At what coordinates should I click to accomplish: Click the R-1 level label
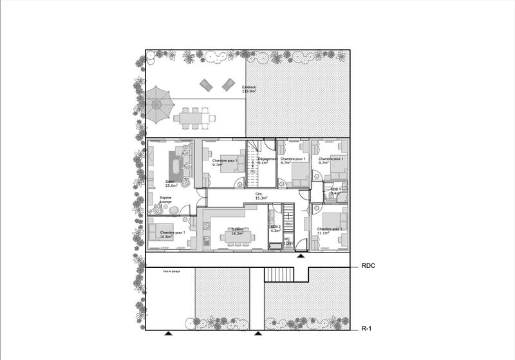click(x=367, y=328)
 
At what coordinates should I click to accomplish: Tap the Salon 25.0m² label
click(x=171, y=184)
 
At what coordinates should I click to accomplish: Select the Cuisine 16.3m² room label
click(x=237, y=231)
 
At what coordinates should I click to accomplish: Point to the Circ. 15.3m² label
click(x=261, y=196)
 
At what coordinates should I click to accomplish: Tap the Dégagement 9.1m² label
click(x=267, y=161)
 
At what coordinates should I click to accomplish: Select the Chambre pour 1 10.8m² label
click(x=172, y=234)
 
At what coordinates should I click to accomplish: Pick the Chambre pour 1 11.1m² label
click(x=329, y=231)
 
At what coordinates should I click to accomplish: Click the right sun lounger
click(x=228, y=84)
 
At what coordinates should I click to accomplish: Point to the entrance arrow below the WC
click(x=301, y=256)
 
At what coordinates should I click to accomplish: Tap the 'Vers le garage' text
click(x=171, y=272)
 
